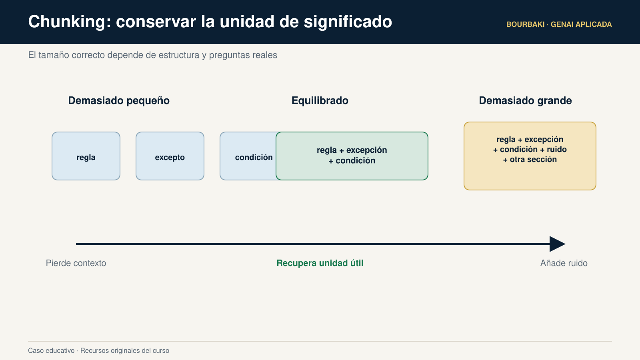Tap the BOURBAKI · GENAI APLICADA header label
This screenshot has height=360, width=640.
(559, 24)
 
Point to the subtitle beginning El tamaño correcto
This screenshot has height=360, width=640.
(152, 55)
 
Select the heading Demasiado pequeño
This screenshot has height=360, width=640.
(119, 100)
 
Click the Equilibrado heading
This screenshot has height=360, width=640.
(320, 100)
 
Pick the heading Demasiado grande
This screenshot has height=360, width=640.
(525, 100)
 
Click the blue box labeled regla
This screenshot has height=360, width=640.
(86, 156)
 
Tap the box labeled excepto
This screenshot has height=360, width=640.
(170, 156)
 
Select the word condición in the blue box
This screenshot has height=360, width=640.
(254, 158)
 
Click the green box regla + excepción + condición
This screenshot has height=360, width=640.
(352, 156)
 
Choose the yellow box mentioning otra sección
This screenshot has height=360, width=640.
(530, 156)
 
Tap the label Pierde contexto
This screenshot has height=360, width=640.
(76, 263)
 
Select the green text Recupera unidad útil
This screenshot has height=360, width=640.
(320, 263)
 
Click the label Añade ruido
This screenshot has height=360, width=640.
(564, 263)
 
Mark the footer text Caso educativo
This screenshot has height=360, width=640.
(51, 350)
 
